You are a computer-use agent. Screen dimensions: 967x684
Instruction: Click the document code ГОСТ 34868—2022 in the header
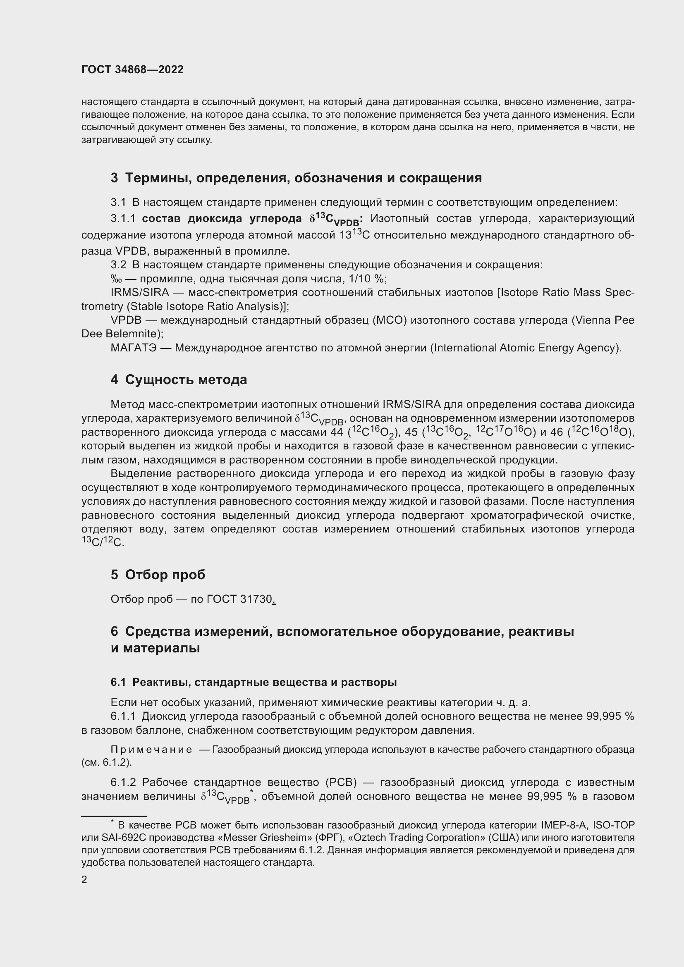coord(132,69)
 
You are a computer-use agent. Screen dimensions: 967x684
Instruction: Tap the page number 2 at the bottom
coord(84,879)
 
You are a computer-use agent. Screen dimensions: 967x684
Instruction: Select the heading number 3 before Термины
coord(114,178)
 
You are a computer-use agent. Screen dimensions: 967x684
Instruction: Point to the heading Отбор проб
coord(165,575)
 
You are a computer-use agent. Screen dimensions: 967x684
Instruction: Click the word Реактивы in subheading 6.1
coord(158,682)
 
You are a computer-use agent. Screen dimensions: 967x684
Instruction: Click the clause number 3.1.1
coord(123,219)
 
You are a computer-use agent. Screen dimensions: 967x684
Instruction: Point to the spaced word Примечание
coord(151,749)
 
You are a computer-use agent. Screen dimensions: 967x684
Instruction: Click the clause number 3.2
coord(118,265)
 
